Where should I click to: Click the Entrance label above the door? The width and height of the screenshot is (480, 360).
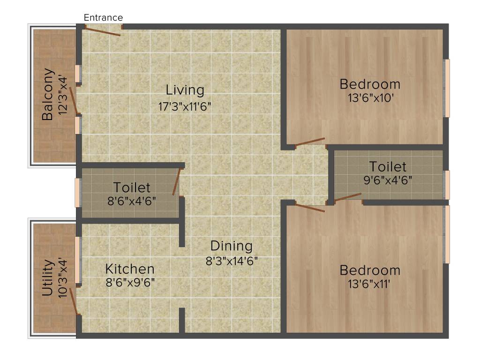[103, 18]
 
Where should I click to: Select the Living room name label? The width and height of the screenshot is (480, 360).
[185, 90]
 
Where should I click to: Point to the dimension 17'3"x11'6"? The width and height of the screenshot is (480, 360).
[185, 106]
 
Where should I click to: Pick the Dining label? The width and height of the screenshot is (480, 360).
[231, 246]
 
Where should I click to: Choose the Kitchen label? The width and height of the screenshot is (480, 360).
[130, 269]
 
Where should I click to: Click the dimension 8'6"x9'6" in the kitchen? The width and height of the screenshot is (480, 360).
[130, 283]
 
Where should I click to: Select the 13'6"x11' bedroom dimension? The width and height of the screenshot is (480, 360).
[370, 285]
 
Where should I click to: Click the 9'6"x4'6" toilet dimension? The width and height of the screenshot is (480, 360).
[387, 180]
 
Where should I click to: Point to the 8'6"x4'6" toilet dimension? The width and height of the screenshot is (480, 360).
[132, 202]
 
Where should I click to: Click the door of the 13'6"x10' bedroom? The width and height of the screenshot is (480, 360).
[310, 142]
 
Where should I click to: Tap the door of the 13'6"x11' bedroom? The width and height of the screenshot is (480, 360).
[310, 207]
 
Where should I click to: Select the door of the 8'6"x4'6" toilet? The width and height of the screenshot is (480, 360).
[176, 182]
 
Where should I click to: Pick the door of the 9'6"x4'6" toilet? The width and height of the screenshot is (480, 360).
[347, 197]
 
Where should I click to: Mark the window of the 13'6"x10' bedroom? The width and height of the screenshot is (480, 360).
[447, 88]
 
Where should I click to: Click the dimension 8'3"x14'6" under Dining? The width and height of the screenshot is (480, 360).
[232, 261]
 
